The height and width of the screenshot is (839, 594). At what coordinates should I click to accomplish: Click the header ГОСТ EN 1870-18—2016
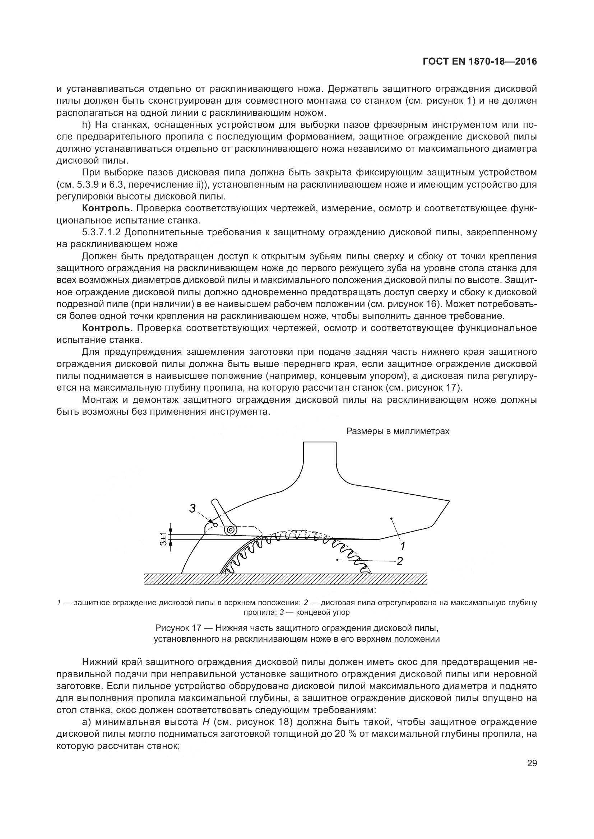point(479,62)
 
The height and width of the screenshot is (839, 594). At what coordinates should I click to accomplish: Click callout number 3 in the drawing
point(193,508)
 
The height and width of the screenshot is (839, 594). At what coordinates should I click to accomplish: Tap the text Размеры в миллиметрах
point(398,431)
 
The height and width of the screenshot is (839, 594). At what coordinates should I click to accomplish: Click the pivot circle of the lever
point(231,530)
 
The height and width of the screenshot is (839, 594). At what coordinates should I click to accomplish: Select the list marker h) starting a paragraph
point(86,125)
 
